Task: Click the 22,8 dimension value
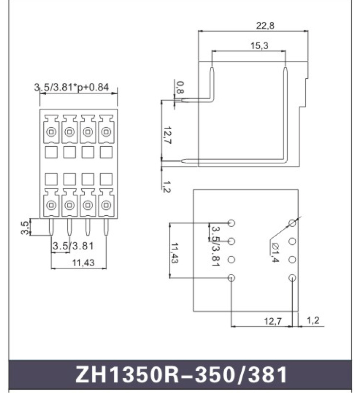click(x=265, y=26)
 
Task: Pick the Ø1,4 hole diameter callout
click(x=275, y=252)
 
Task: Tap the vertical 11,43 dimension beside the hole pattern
click(x=175, y=253)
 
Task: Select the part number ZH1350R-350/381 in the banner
click(x=181, y=375)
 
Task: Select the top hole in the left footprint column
click(x=232, y=223)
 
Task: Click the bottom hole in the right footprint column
click(x=292, y=277)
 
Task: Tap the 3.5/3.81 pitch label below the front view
click(x=73, y=245)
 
